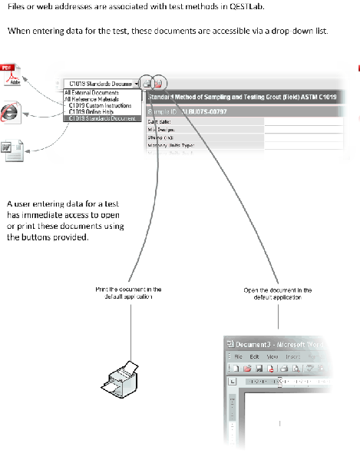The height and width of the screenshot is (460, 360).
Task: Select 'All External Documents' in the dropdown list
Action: pos(89,92)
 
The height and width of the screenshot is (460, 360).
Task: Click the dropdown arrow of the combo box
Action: pos(136,83)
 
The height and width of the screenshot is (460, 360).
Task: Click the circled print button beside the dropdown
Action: pos(147,83)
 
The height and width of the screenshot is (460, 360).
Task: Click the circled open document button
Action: pos(158,83)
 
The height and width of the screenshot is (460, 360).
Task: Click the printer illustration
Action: pos(119,376)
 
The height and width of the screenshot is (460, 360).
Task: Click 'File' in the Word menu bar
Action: pos(239,357)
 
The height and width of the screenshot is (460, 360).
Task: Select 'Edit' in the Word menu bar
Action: pos(255,357)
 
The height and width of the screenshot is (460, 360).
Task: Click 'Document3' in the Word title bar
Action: pos(253,344)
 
